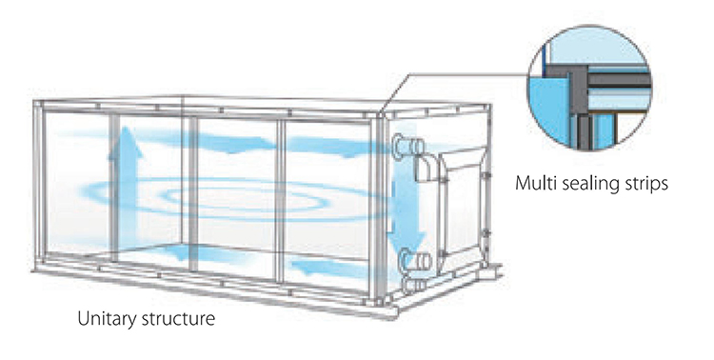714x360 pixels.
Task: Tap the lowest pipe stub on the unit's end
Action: [411, 284]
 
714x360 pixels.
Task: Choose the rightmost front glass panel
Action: [328, 200]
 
